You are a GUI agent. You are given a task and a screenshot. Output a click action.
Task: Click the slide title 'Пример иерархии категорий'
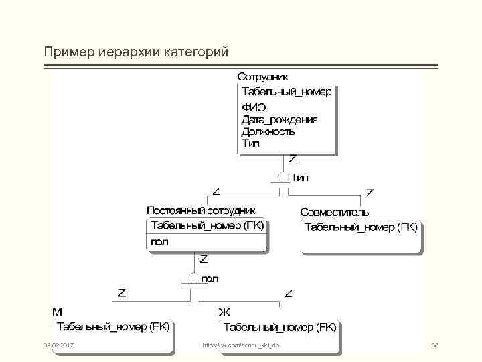[x=136, y=52]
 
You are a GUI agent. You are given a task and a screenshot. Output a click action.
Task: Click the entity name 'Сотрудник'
[x=263, y=77]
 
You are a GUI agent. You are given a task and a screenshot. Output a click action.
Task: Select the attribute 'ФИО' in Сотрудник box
[x=253, y=107]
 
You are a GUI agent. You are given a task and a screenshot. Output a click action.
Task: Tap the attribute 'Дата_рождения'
[x=279, y=119]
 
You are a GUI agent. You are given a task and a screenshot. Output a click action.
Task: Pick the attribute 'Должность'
[x=268, y=131]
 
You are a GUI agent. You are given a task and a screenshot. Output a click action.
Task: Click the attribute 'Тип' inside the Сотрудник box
[x=250, y=143]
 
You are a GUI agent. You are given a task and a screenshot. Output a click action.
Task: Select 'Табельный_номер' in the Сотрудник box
[x=286, y=92]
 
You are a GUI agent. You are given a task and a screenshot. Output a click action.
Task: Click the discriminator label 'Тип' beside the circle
[x=300, y=178]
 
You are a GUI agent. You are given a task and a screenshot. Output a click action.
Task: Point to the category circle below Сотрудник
[x=282, y=178]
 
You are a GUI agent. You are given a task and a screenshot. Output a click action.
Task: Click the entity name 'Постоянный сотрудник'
[x=201, y=210]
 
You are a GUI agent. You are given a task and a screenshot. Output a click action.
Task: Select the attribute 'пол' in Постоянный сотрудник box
[x=160, y=241]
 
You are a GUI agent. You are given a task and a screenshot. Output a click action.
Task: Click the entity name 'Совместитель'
[x=334, y=212]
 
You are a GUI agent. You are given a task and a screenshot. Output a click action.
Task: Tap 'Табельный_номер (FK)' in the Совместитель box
[x=361, y=227]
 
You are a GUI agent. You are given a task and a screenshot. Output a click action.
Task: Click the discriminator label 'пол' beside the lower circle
[x=210, y=278]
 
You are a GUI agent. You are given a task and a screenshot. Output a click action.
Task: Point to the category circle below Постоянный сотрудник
[x=193, y=278]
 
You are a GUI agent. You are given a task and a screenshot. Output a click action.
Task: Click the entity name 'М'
[x=58, y=312]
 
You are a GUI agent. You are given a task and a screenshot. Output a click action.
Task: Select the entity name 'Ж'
[x=224, y=312]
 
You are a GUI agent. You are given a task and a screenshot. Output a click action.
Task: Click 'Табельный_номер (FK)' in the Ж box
[x=279, y=328]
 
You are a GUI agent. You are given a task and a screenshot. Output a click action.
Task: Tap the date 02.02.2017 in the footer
[x=58, y=345]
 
